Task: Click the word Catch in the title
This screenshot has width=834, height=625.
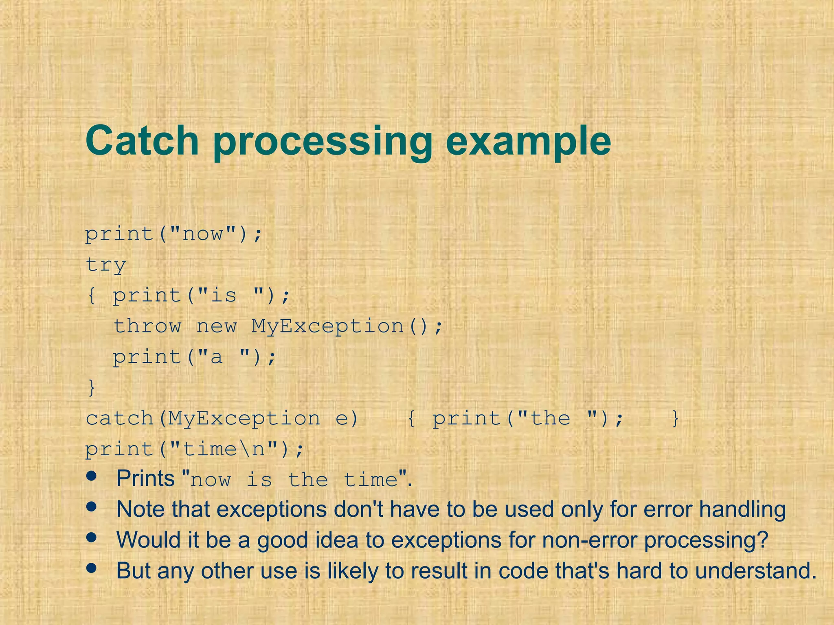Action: (x=142, y=141)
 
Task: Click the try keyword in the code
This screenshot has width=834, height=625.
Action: (x=105, y=265)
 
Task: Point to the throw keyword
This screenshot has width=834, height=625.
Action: (x=147, y=326)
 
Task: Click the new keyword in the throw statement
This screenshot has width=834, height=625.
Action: (x=216, y=326)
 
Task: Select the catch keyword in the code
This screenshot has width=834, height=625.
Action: (x=119, y=419)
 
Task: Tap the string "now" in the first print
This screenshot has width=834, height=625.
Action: (x=202, y=234)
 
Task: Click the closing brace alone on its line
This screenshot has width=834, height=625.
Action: (x=92, y=387)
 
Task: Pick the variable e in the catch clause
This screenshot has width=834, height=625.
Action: (x=341, y=419)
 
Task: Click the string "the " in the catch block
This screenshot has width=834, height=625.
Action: (x=551, y=419)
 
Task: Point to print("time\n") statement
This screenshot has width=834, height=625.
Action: (x=194, y=450)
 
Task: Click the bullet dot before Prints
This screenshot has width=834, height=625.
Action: (x=92, y=476)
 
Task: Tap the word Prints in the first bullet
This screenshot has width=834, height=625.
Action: (x=145, y=479)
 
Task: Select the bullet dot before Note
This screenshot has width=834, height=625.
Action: (x=92, y=507)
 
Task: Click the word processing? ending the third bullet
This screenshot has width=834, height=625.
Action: (x=706, y=541)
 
